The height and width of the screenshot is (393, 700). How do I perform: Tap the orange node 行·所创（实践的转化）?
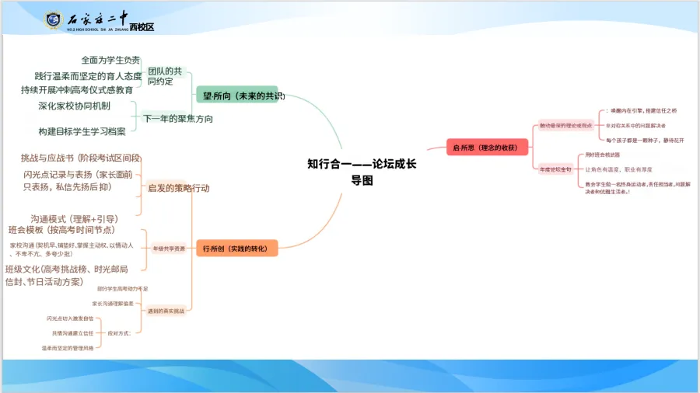tap(235, 249)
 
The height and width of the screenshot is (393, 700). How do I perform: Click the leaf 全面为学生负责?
tap(110, 60)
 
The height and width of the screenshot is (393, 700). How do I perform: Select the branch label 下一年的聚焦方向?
tap(178, 119)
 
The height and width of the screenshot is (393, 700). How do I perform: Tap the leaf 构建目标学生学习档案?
tap(82, 131)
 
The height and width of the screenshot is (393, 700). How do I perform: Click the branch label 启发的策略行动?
tap(178, 188)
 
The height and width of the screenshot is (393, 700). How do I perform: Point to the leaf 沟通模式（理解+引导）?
tap(74, 218)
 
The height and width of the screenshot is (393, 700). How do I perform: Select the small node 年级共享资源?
tap(169, 249)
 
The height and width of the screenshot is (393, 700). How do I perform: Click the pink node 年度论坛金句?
tap(555, 169)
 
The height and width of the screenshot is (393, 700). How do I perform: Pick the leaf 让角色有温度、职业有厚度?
tap(631, 169)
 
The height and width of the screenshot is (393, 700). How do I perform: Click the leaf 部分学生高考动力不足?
tap(123, 288)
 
